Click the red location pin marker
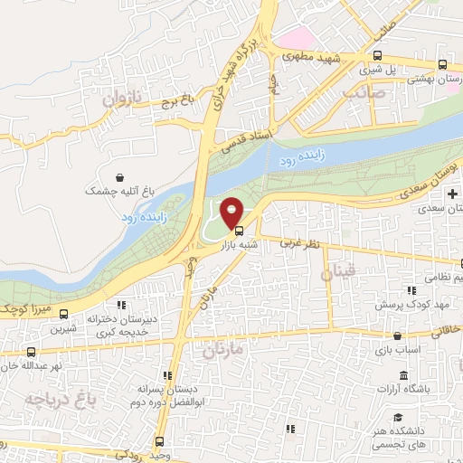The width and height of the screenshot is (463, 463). [x=231, y=213]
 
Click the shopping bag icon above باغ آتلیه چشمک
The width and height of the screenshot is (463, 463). [x=121, y=177]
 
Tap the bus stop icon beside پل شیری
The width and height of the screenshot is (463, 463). [x=442, y=64]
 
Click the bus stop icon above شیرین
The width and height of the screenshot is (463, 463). [x=63, y=314]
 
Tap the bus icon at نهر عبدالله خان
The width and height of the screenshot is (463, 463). [x=31, y=352]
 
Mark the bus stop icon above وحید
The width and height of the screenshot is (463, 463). [x=159, y=441]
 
